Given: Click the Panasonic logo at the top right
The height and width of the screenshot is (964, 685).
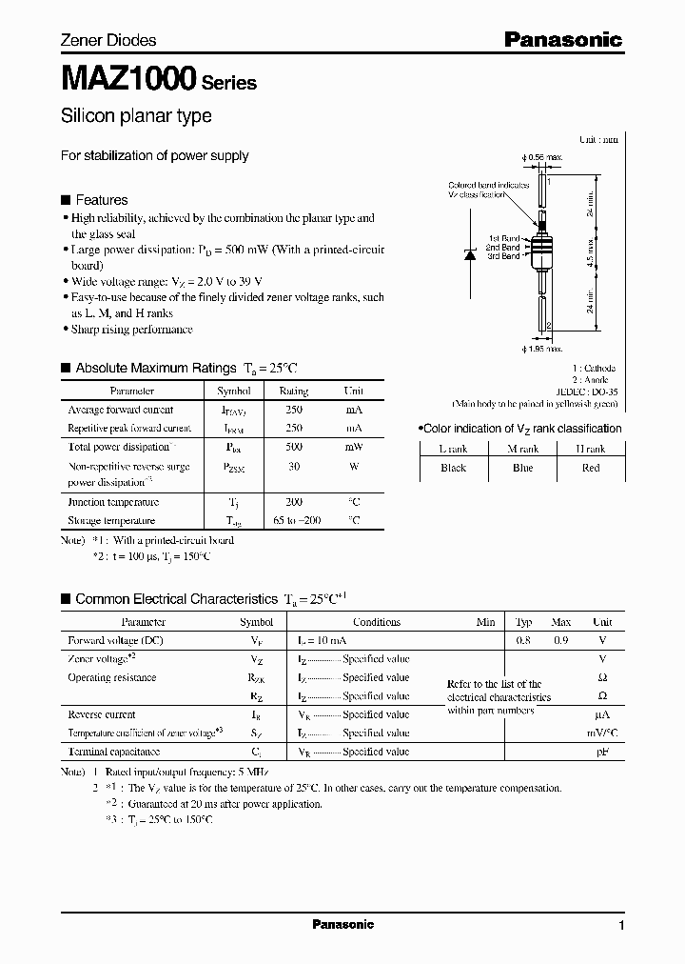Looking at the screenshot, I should pos(562,39).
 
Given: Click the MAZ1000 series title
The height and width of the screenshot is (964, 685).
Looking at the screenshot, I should pos(129,78).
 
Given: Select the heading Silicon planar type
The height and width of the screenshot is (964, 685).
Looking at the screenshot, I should pos(136,116).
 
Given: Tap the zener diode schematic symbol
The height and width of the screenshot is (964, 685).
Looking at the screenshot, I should pos(469,254).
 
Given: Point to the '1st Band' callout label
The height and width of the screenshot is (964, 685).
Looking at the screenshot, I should pos(504,238).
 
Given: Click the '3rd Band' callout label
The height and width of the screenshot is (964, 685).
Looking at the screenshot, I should pos(504,256).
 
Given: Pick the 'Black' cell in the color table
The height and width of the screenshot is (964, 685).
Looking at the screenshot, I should pos(453,468).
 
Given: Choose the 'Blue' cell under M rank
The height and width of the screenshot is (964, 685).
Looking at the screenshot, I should pos(521,468).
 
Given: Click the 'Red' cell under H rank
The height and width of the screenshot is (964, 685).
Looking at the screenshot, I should pos(590,468).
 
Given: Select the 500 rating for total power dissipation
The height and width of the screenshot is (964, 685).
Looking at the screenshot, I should pos(293,447).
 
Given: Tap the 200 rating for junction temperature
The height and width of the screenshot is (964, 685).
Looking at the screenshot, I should pos(293,502).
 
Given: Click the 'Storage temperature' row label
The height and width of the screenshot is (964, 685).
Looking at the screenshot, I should pos(111,521).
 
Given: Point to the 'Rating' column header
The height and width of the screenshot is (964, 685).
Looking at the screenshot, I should pos(293,391).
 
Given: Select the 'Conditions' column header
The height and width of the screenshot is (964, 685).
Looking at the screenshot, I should pos(377,622).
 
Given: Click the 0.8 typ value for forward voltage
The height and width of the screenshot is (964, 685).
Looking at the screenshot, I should pos(523,641).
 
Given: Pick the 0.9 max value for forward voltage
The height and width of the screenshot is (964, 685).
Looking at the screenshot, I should pos(561,641).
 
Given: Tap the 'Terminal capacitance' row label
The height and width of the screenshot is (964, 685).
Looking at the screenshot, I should pos(111,752).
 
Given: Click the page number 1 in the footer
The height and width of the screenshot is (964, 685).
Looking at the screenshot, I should pos(621,925).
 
